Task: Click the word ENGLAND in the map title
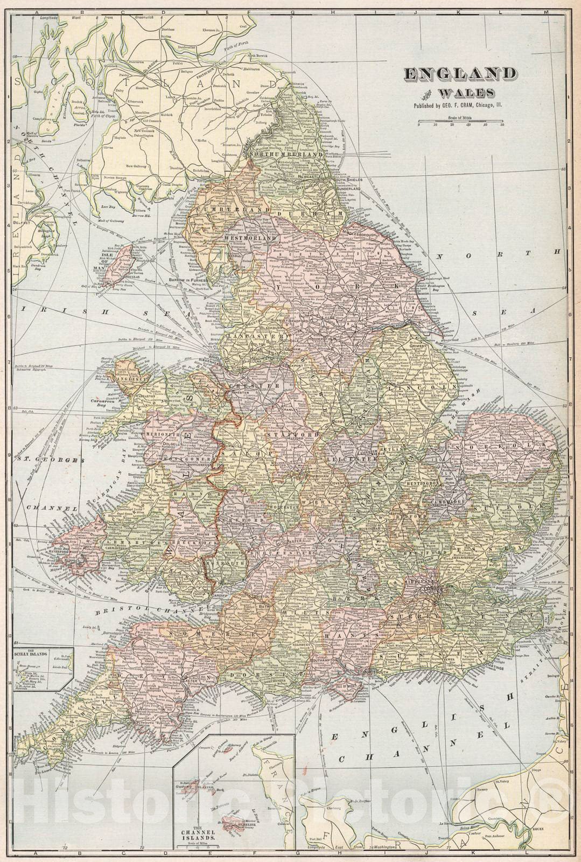click(460, 74)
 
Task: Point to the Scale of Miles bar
click(461, 122)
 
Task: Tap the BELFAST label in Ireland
click(22, 220)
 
